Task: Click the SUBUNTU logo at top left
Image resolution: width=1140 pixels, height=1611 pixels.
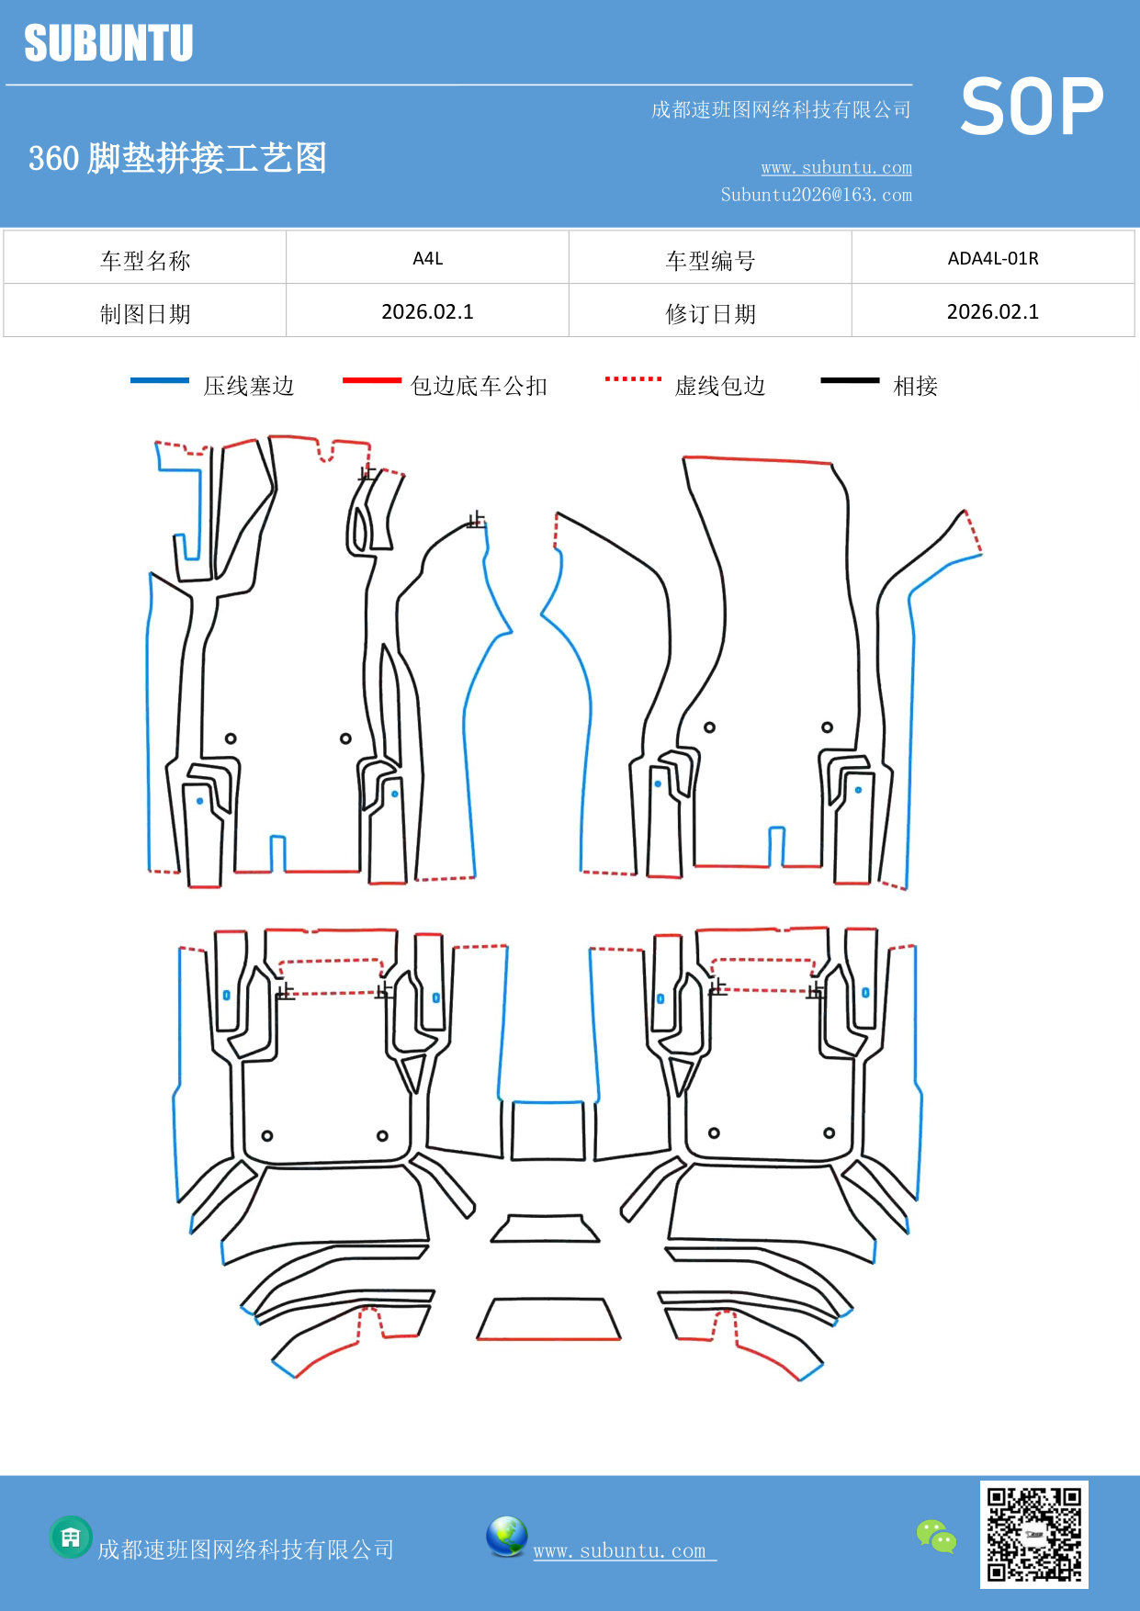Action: [x=108, y=43]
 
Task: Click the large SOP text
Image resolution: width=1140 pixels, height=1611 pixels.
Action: [x=1032, y=107]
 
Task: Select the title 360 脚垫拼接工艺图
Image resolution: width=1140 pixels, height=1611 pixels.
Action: [x=177, y=158]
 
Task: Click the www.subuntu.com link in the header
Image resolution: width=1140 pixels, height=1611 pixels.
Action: [x=836, y=167]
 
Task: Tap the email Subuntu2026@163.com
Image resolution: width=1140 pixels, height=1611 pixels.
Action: [x=816, y=195]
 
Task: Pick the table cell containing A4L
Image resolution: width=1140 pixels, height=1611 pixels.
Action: [x=427, y=258]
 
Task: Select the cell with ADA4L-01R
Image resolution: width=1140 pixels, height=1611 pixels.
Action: [x=992, y=258]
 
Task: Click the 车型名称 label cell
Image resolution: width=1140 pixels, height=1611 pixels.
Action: [x=145, y=260]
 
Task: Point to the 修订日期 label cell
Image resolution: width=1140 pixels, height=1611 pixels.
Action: [x=710, y=313]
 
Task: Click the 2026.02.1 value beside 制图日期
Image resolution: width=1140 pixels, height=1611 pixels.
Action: [x=427, y=312]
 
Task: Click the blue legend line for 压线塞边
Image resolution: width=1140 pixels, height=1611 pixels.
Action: [x=160, y=380]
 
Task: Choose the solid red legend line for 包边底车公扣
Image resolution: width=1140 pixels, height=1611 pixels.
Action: [x=371, y=380]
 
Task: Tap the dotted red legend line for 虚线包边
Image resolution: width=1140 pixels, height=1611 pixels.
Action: [x=633, y=378]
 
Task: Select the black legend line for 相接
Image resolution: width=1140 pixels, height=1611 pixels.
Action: [x=850, y=380]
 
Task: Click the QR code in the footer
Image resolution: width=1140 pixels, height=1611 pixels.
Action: [x=1033, y=1534]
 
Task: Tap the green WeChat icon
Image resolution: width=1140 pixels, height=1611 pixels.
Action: [x=936, y=1536]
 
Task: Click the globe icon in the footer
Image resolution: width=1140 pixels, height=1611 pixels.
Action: [x=506, y=1537]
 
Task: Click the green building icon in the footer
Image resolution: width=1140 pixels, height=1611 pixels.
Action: [x=71, y=1537]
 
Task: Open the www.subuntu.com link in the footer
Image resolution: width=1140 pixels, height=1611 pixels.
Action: [x=621, y=1550]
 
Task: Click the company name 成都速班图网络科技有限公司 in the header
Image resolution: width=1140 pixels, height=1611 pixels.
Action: [x=781, y=110]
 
